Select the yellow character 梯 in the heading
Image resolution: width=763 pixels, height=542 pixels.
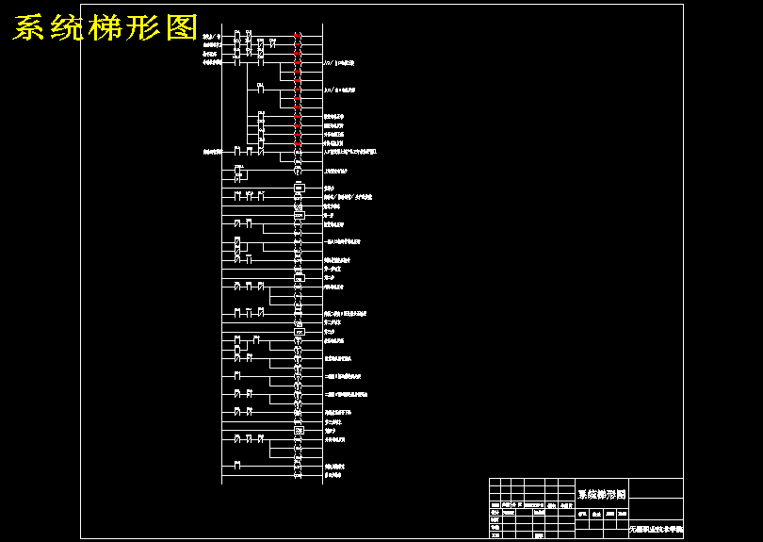click(x=106, y=28)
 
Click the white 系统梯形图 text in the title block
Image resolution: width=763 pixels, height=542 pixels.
click(x=601, y=494)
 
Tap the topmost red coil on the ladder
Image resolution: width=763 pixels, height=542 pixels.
click(x=297, y=36)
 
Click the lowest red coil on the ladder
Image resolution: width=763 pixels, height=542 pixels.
click(x=298, y=142)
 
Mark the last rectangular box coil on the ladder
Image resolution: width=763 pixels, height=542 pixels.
click(x=299, y=431)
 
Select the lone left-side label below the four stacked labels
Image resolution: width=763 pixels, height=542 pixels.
click(x=212, y=151)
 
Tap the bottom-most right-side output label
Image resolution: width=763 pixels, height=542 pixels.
click(x=333, y=475)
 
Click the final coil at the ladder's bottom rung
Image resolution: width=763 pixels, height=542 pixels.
click(x=298, y=475)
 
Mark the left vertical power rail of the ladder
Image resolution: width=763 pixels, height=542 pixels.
click(x=222, y=255)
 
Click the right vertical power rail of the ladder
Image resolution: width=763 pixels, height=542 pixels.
click(x=322, y=255)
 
